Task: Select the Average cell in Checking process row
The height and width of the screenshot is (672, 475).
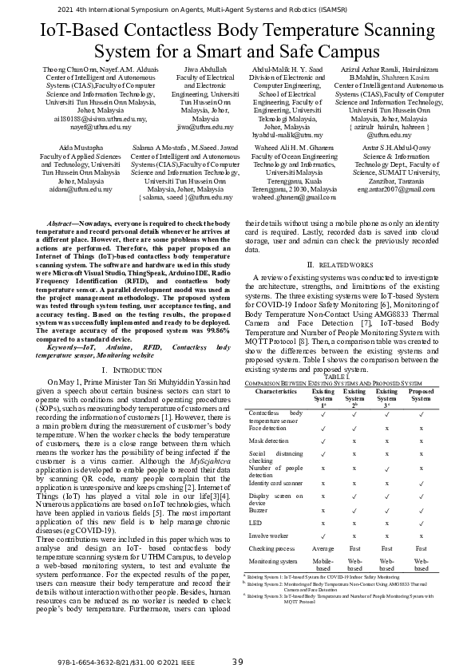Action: (x=323, y=571)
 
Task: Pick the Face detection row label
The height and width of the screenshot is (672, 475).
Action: (x=267, y=428)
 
